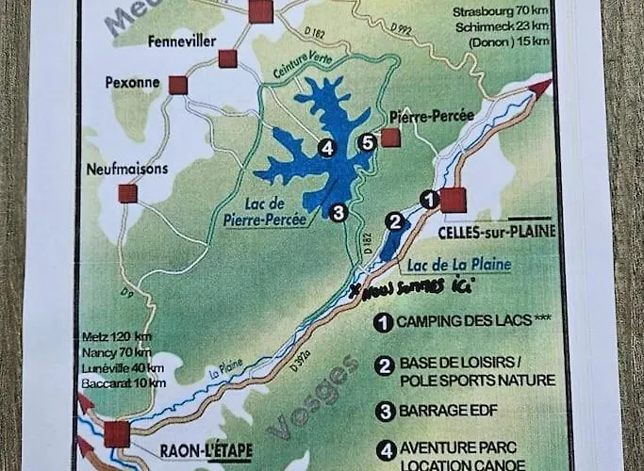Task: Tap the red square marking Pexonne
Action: coord(177,86)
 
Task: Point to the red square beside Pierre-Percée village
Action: coord(390,138)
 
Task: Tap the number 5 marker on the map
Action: coord(368,143)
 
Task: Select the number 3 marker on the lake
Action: coord(339,212)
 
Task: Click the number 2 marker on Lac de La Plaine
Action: coord(396,221)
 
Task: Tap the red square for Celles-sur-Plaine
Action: coord(454,201)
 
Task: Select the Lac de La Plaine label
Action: coord(459,265)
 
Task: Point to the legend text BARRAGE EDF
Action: coord(446,411)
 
